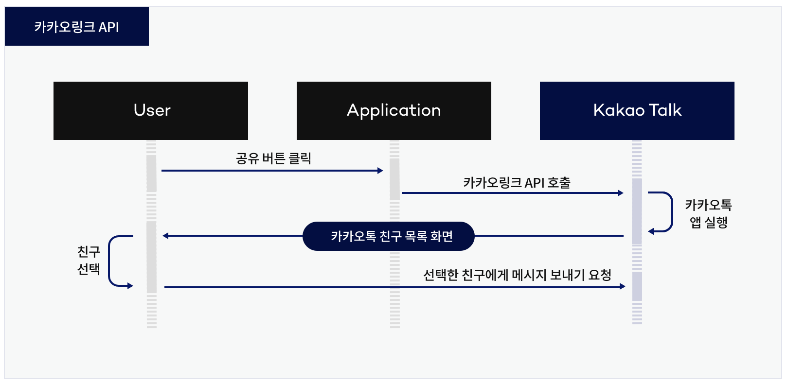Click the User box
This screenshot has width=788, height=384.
[151, 111]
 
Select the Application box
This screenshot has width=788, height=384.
[394, 111]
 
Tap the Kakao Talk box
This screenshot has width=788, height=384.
[637, 111]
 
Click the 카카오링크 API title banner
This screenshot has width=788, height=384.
[77, 27]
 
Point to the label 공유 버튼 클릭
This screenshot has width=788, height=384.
[273, 158]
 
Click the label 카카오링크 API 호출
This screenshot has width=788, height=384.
[517, 183]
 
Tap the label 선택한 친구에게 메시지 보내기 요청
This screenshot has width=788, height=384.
[517, 275]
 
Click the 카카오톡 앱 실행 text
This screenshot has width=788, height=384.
[708, 213]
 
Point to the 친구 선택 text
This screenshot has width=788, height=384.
[89, 260]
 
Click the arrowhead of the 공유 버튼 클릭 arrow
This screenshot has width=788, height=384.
[380, 171]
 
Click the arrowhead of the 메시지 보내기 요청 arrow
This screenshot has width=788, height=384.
[622, 287]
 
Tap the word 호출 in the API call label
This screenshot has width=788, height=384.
[559, 183]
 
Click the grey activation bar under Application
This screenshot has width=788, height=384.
[394, 179]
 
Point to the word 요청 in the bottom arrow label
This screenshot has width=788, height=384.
[600, 275]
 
